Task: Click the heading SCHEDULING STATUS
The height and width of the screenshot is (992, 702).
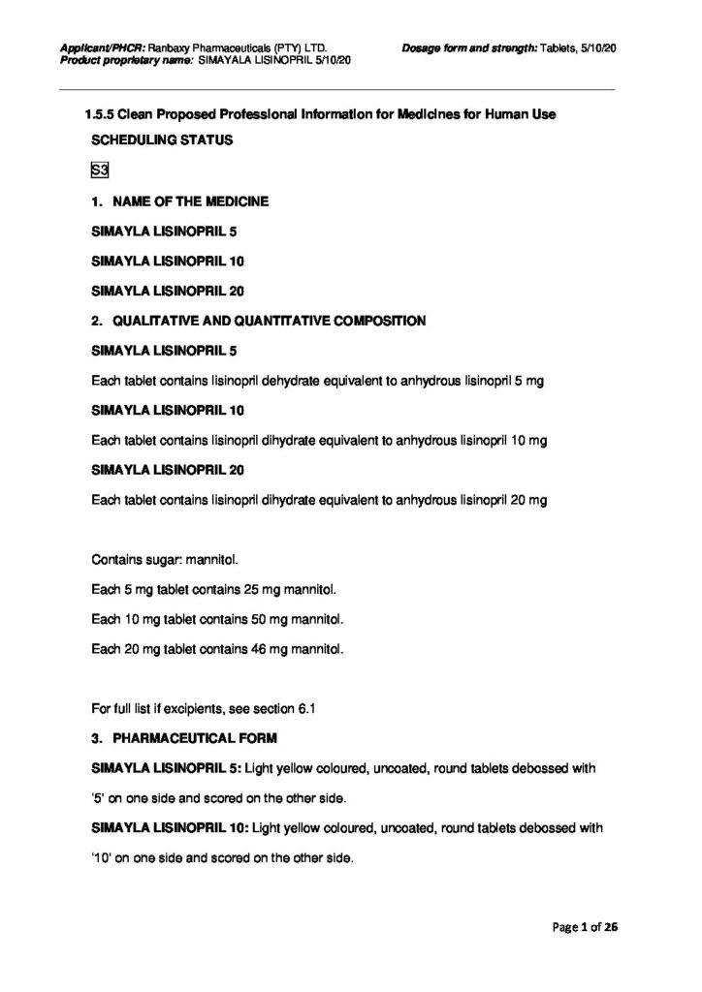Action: point(162,140)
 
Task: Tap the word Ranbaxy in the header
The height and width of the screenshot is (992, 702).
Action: point(172,46)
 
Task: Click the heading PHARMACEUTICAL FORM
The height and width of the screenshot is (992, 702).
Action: point(196,739)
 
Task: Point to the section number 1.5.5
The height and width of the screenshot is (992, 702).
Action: point(99,115)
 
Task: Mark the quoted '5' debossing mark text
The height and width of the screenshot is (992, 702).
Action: point(99,799)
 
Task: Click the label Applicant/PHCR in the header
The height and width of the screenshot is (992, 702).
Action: point(102,46)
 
